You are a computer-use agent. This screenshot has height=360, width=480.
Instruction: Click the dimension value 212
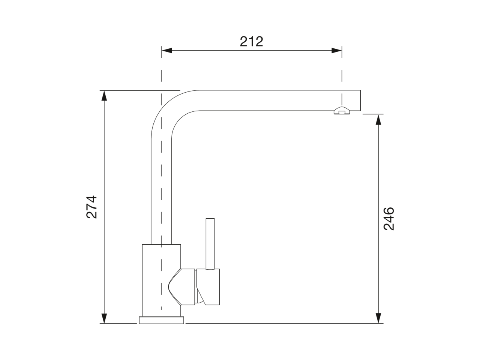click(251, 41)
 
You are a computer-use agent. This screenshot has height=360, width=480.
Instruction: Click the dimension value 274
click(92, 207)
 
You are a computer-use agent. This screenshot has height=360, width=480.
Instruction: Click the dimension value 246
click(389, 218)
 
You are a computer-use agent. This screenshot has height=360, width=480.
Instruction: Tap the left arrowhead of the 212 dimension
click(166, 51)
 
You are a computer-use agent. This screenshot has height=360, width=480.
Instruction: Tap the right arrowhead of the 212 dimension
click(336, 51)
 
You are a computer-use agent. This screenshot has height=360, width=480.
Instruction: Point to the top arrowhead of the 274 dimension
click(104, 95)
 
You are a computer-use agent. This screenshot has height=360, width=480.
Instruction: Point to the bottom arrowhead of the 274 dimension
click(104, 318)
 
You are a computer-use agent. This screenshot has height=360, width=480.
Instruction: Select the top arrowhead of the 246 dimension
click(379, 119)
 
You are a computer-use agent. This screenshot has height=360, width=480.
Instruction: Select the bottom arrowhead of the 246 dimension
click(379, 318)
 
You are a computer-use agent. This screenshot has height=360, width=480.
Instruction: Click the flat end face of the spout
click(360, 100)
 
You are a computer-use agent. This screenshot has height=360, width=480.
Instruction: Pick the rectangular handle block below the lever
click(210, 287)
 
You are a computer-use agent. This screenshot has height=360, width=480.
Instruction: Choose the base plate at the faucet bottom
click(161, 320)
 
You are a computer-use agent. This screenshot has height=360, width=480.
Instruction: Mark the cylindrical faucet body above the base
click(161, 279)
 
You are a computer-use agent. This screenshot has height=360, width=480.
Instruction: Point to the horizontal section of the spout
click(270, 100)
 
